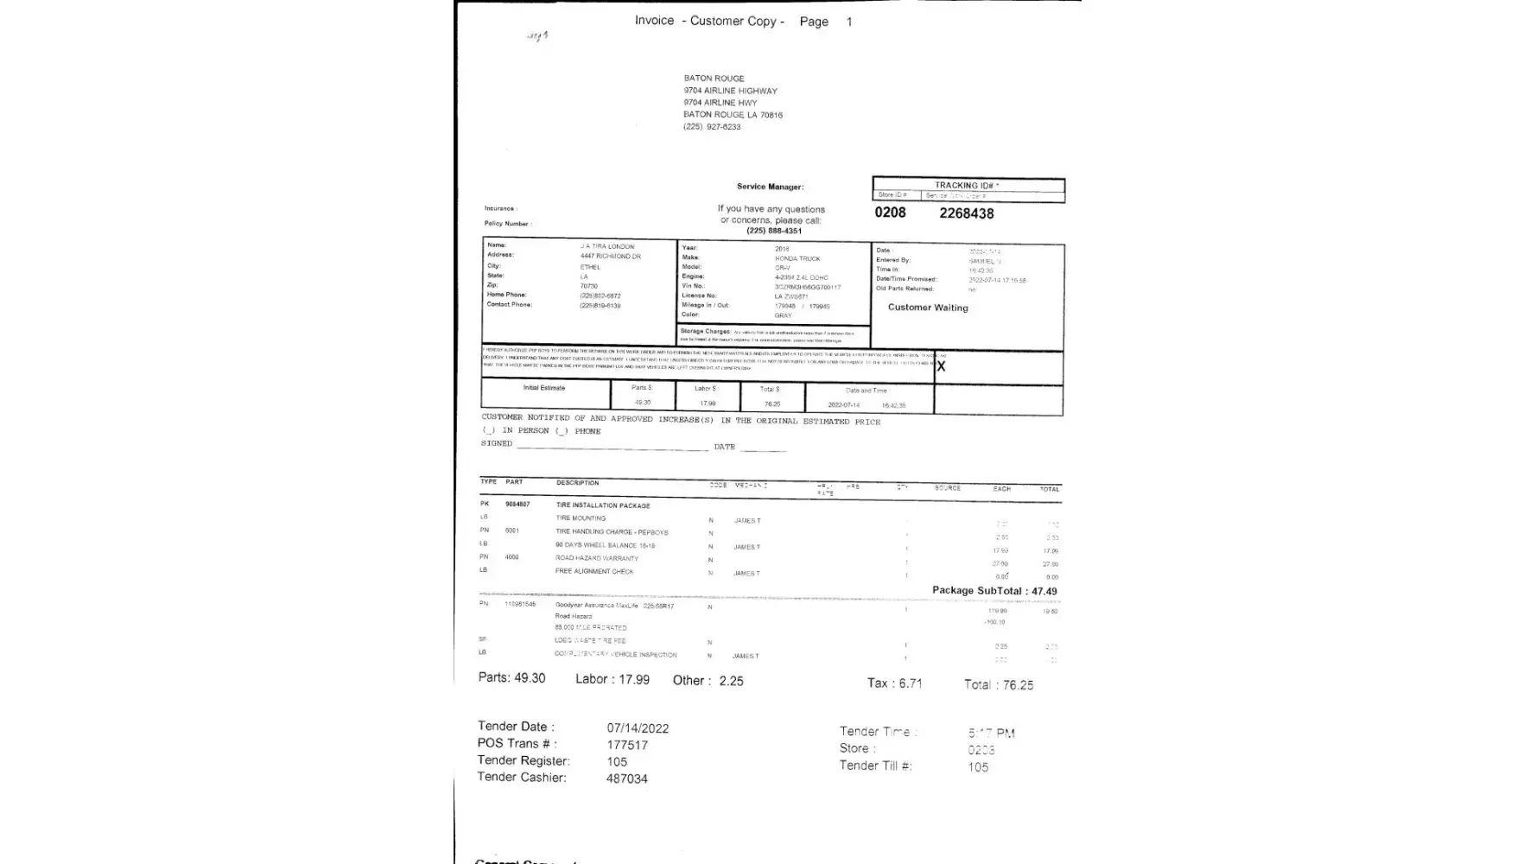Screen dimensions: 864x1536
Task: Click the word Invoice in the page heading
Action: (x=654, y=21)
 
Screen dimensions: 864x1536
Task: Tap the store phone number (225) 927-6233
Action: (x=712, y=127)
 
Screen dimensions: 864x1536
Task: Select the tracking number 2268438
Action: (x=966, y=213)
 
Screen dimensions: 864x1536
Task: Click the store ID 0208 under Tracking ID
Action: (x=890, y=213)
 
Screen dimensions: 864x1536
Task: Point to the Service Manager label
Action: (x=770, y=187)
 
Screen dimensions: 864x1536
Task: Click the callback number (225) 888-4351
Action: (x=774, y=231)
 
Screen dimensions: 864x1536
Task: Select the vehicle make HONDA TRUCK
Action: (x=797, y=258)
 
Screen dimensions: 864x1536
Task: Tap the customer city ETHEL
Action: (x=590, y=267)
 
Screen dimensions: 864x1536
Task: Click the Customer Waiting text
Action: (x=928, y=308)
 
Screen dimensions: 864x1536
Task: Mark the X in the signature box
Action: (x=941, y=366)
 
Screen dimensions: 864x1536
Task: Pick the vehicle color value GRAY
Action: (x=783, y=315)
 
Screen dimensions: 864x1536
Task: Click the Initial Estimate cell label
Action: (x=544, y=388)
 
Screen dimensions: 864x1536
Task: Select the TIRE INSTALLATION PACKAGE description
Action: (x=603, y=505)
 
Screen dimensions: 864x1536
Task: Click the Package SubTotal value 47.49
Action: (x=1044, y=592)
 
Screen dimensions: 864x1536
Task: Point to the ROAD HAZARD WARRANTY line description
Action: (x=597, y=558)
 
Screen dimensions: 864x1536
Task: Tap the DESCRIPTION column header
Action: (x=577, y=483)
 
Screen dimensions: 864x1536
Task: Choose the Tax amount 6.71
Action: (x=911, y=683)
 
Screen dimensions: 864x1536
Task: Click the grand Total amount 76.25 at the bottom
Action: (x=1018, y=685)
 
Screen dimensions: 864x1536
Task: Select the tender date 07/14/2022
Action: (x=638, y=728)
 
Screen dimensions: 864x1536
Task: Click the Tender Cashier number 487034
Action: (x=626, y=778)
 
